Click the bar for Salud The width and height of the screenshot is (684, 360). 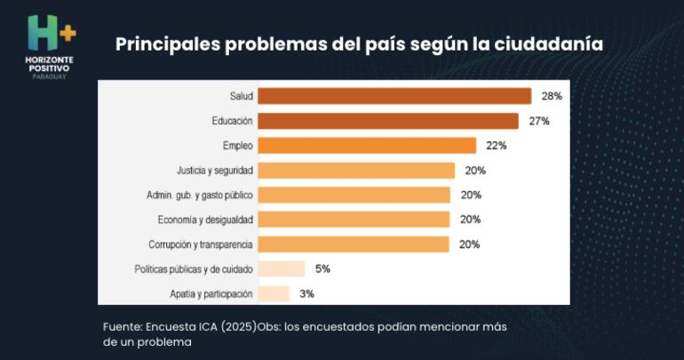pyautogui.click(x=394, y=96)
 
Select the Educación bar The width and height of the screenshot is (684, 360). pyautogui.click(x=388, y=121)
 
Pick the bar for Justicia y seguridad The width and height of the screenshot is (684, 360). pyautogui.click(x=356, y=171)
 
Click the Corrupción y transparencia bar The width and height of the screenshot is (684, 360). pyautogui.click(x=354, y=244)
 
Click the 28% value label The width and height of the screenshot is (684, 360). pyautogui.click(x=552, y=96)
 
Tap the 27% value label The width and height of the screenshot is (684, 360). pyautogui.click(x=538, y=121)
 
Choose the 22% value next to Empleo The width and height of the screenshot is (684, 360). pyautogui.click(x=497, y=146)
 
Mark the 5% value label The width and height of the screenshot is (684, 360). pyautogui.click(x=322, y=268)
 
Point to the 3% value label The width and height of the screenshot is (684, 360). pyautogui.click(x=306, y=293)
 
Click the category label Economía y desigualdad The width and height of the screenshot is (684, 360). pyautogui.click(x=205, y=220)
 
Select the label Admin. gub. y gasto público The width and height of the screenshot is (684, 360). pyautogui.click(x=199, y=195)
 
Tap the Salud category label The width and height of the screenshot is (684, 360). pyautogui.click(x=241, y=96)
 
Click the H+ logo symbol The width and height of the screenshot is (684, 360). pyautogui.click(x=51, y=33)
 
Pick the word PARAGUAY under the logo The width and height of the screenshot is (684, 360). pyautogui.click(x=51, y=77)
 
